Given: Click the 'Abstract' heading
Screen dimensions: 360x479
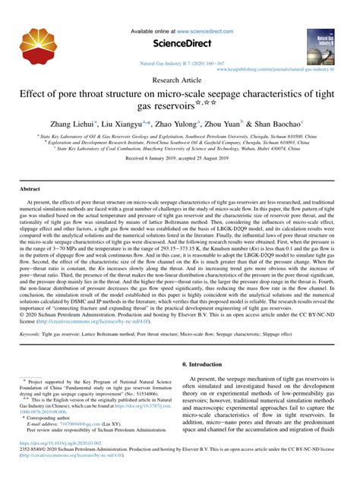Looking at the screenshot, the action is pos(30,188).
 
